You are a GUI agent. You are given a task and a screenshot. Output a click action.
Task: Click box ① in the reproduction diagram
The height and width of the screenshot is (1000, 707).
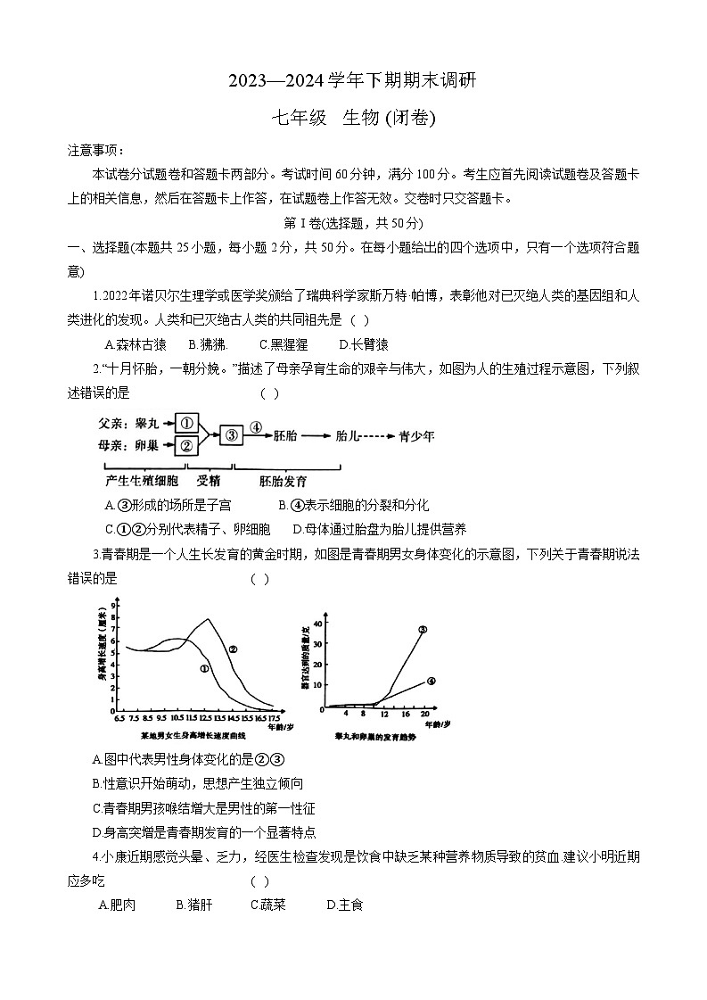pos(185,423)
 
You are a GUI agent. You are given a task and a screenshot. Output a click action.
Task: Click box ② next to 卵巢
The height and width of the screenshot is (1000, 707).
pos(185,445)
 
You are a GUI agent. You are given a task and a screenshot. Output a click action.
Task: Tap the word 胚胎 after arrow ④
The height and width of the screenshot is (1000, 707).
pos(286,435)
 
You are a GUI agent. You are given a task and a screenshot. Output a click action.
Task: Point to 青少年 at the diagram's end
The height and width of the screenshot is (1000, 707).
pos(416,435)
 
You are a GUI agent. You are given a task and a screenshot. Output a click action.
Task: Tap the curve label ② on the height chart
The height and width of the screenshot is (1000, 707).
pos(233,649)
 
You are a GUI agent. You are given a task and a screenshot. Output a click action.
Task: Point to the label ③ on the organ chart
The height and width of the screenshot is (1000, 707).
pos(423,629)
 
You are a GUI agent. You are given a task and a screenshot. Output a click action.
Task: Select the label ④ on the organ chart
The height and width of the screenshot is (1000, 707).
pos(431,681)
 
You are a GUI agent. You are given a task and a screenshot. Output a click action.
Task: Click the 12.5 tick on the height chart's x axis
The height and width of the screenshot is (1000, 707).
pos(205,717)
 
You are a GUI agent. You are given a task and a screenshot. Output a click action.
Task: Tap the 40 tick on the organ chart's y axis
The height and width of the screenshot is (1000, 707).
pos(320,616)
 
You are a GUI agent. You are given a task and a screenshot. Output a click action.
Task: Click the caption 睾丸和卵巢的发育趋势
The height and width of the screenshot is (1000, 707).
pos(375,738)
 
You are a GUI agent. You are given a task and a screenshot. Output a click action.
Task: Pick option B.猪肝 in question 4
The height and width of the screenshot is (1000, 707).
pos(193,905)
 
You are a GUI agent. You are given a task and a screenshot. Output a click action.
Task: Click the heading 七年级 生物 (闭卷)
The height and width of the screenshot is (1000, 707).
pos(354,117)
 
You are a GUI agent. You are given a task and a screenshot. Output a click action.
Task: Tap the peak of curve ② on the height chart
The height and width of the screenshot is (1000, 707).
pos(209,619)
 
